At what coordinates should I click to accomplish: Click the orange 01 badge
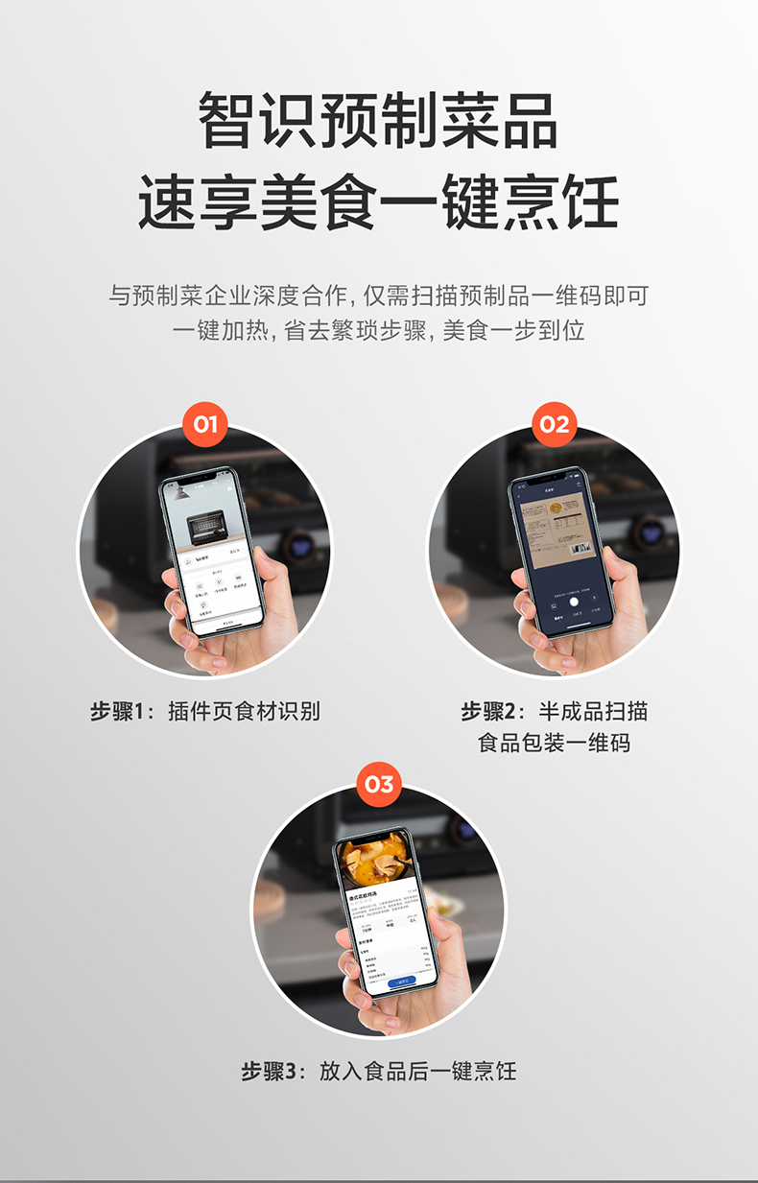[205, 424]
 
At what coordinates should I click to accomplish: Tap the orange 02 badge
[555, 424]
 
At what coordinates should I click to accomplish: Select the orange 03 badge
[379, 785]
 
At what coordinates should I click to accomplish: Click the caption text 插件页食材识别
[244, 711]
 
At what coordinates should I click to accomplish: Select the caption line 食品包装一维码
[555, 742]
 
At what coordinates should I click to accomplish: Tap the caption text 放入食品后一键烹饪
[417, 1071]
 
